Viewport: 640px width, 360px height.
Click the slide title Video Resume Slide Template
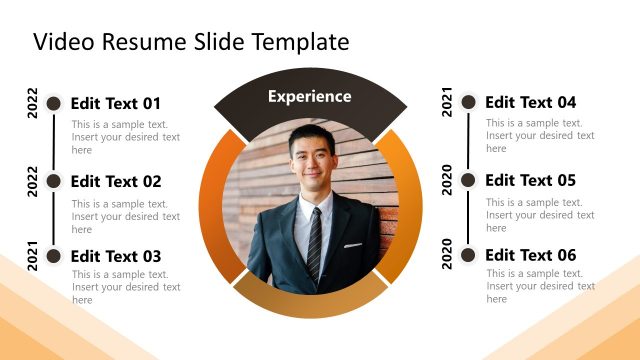click(x=191, y=41)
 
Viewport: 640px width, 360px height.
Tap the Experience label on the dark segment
click(x=310, y=97)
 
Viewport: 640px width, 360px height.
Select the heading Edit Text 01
click(x=116, y=103)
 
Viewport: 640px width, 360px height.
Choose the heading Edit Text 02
click(x=116, y=181)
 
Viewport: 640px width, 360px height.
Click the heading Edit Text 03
click(x=116, y=256)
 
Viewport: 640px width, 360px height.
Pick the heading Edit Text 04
click(x=530, y=102)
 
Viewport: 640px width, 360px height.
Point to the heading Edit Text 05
click(x=530, y=180)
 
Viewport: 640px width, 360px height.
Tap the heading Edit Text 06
click(x=530, y=255)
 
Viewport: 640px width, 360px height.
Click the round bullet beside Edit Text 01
click(x=54, y=103)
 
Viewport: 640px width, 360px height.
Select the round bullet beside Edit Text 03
click(x=54, y=256)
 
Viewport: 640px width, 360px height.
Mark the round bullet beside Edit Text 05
click(x=468, y=180)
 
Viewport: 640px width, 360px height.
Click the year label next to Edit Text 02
click(x=33, y=182)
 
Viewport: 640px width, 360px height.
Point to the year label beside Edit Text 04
click(x=447, y=102)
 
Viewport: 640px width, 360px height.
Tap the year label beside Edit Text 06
click(x=447, y=256)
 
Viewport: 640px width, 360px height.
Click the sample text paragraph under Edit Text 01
click(x=126, y=137)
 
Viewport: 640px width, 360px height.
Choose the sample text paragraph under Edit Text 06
click(x=540, y=286)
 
